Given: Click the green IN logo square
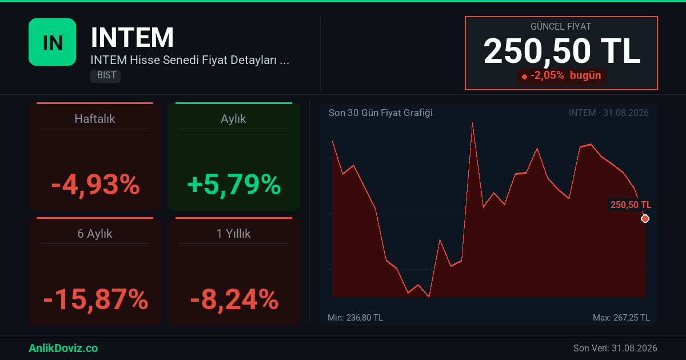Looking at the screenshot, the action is pos(53,42).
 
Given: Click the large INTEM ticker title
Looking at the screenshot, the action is pos(132,37).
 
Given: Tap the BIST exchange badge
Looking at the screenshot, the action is pos(105,75).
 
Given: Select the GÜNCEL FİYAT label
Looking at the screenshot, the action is pos(561,27).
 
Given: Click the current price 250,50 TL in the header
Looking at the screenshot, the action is pos(561,51).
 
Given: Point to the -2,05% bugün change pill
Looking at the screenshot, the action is pos(561,75).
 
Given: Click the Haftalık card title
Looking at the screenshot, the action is pos(95,119).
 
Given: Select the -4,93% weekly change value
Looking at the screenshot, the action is pos(95,185).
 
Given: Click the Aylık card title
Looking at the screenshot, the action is pos(233,119).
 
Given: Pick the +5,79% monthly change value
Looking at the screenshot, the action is pos(234,185).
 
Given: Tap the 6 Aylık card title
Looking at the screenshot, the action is pos(95,234).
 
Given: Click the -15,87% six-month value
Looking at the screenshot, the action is pos(95,299).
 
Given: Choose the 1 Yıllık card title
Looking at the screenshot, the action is pos(233,234).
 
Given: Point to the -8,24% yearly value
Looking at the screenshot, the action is pos(234,299).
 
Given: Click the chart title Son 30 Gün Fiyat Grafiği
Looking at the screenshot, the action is pos(381,113).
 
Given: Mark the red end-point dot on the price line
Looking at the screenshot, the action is pos(645,218).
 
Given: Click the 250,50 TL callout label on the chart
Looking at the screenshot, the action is pos(631,205).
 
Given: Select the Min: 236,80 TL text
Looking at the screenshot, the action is pos(355,318).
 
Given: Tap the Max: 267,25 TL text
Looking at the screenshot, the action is pos(621,318).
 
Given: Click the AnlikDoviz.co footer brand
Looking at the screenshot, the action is pos(63,348).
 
